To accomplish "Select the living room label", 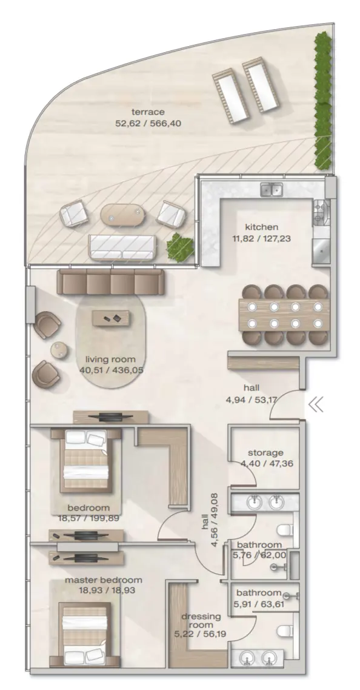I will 110,359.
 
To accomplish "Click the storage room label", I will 265,453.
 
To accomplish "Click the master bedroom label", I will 104,580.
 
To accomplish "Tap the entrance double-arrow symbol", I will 316,405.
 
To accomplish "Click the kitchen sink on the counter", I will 272,190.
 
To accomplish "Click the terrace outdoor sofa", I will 122,246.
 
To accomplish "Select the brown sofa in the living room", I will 110,282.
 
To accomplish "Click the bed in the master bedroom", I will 85,634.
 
